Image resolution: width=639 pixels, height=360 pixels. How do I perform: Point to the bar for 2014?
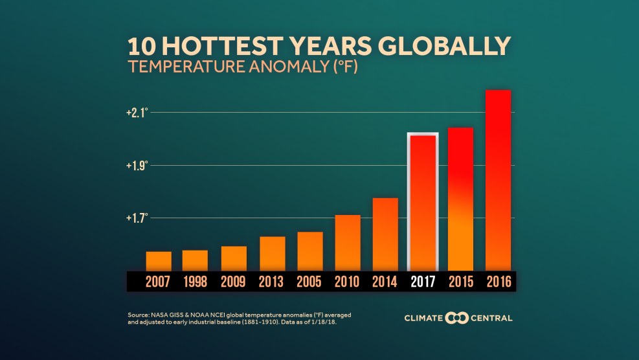click(x=385, y=234)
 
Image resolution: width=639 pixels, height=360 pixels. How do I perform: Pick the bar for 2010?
click(x=348, y=242)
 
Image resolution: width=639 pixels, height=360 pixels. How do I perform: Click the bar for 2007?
click(x=159, y=260)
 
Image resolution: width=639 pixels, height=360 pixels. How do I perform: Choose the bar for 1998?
click(x=195, y=260)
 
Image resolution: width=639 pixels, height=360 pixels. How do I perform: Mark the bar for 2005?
click(x=310, y=251)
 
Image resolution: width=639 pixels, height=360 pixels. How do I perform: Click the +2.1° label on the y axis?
click(x=137, y=113)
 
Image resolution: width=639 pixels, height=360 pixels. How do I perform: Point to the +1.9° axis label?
click(x=137, y=165)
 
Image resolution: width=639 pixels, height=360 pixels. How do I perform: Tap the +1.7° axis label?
click(x=137, y=218)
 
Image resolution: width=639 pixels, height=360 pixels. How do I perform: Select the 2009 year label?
click(x=234, y=282)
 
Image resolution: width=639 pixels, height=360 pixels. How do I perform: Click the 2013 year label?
click(x=272, y=282)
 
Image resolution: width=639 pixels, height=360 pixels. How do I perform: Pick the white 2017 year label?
click(x=423, y=282)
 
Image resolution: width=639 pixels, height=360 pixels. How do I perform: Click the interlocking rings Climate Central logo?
click(x=457, y=318)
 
